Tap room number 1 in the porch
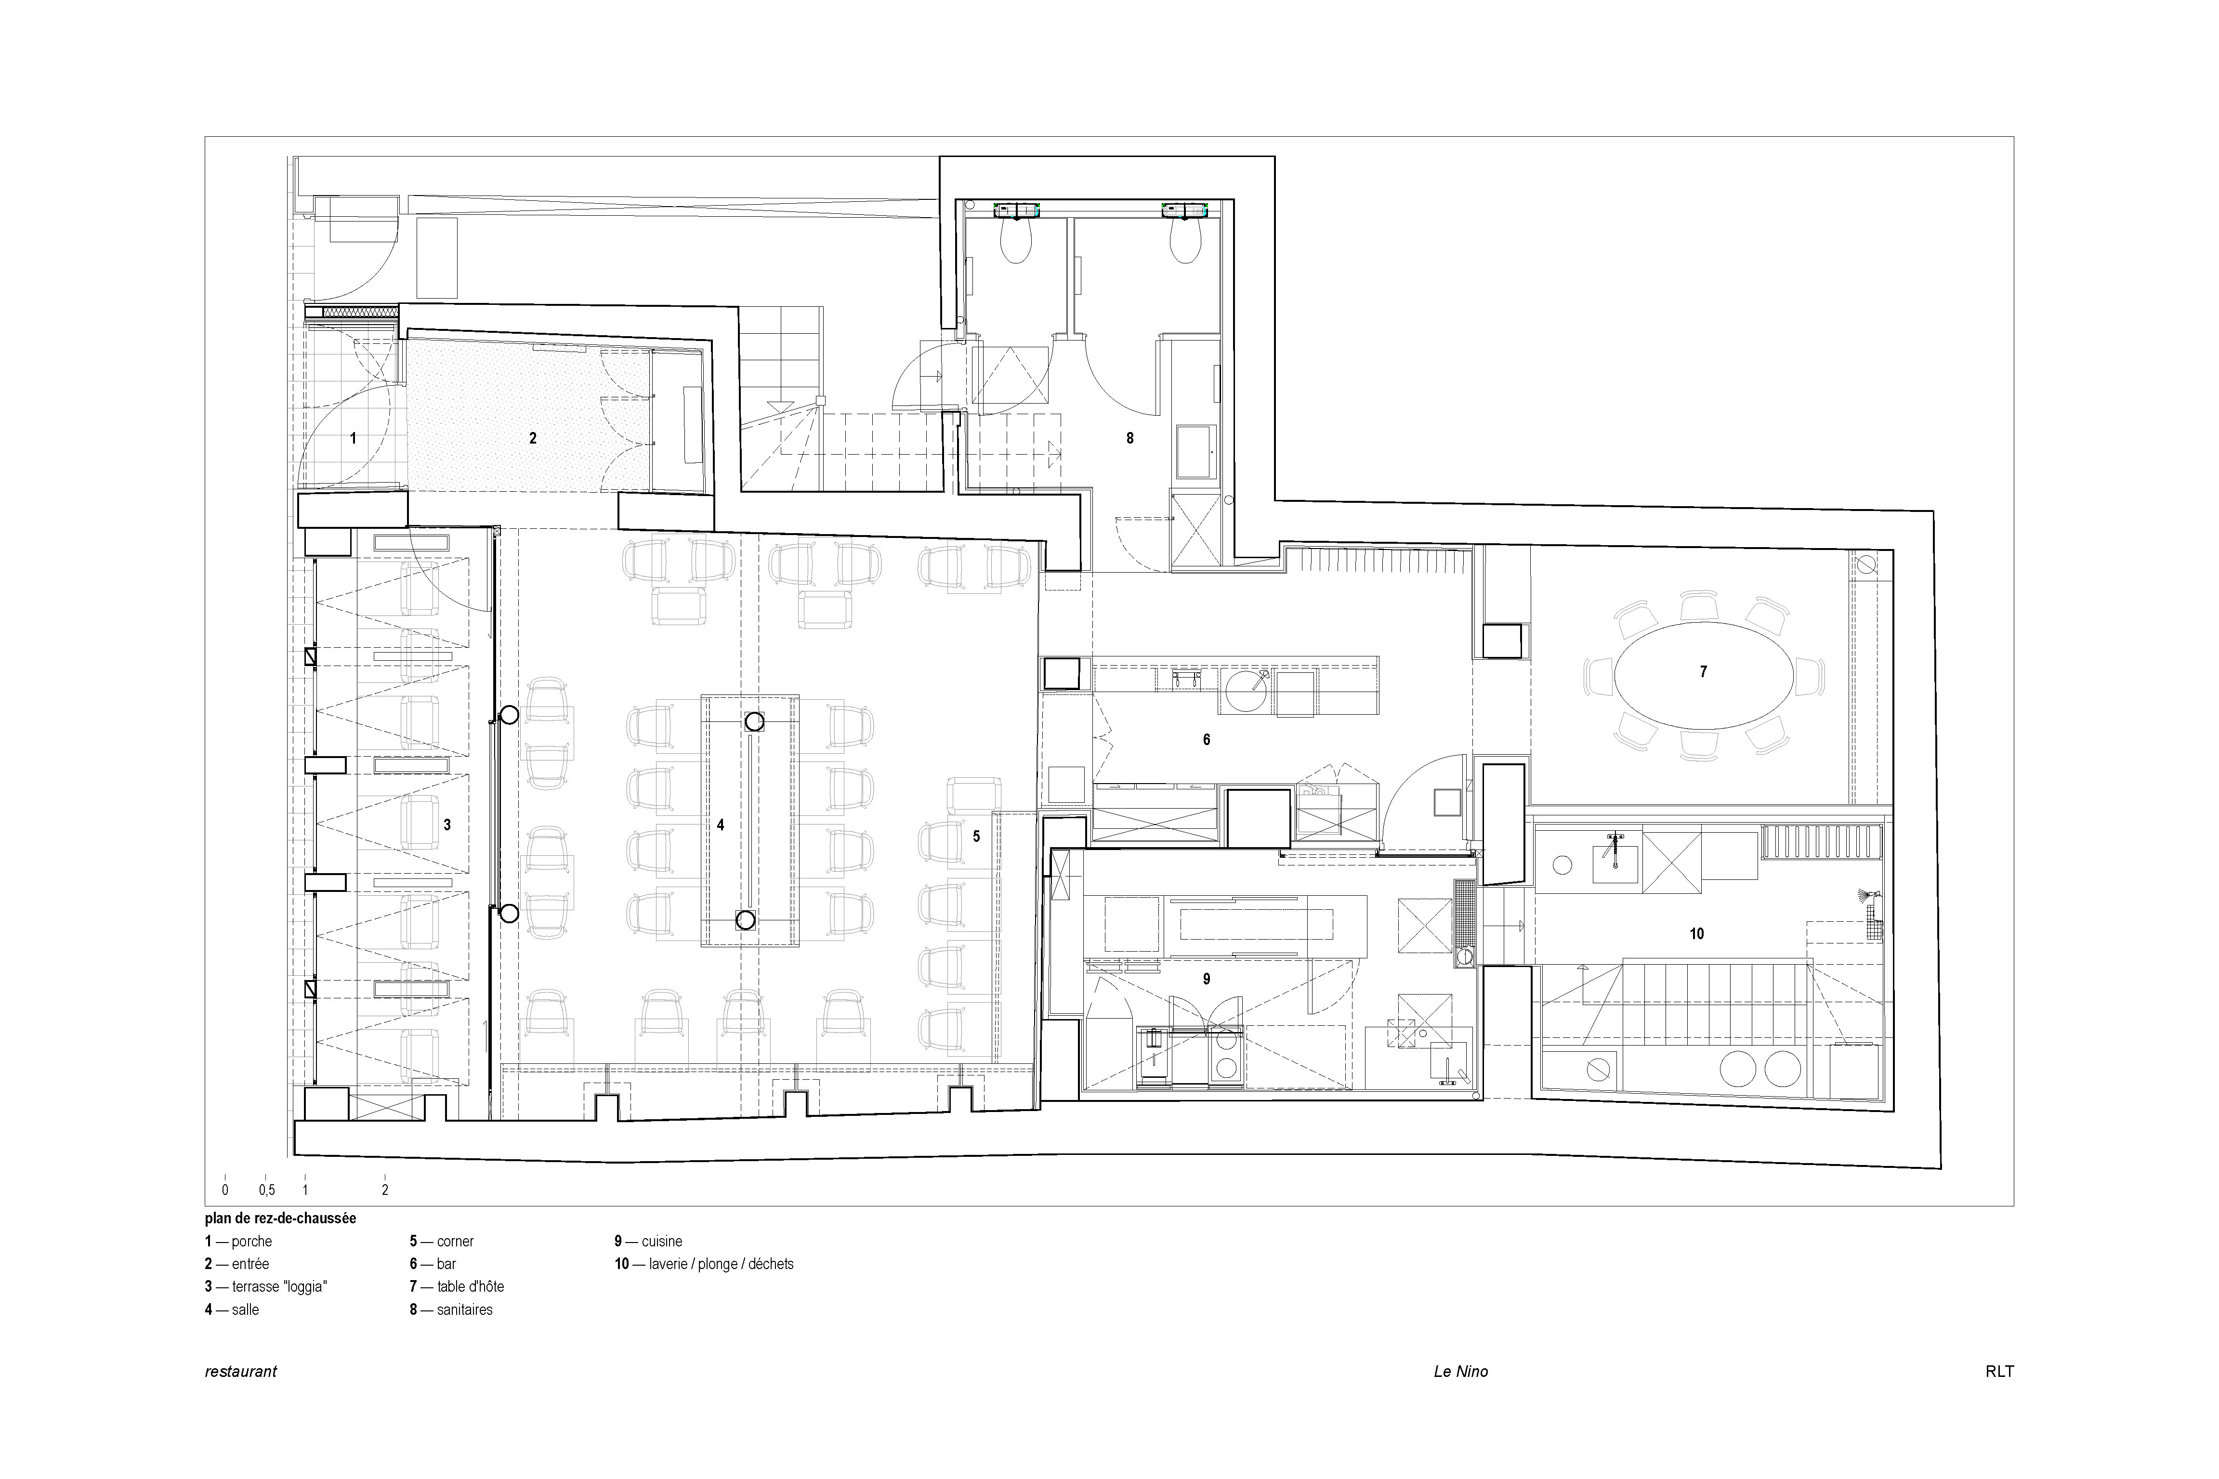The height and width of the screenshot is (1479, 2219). pos(354,438)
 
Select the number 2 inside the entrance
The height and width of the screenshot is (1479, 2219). pos(533,438)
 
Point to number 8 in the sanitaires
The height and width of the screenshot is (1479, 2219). pos(1130,438)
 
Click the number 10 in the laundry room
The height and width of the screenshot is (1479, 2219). pos(1696,934)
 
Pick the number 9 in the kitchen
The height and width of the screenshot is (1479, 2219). pos(1206,979)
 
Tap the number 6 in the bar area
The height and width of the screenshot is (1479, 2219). pos(1206,740)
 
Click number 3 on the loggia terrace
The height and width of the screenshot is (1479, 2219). pos(447,825)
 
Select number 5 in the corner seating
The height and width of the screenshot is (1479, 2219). pos(976,836)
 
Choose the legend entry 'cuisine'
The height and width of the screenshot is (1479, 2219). pos(662,1241)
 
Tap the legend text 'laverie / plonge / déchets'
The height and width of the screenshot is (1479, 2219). pos(722,1264)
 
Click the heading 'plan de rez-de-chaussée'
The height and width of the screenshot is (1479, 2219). pos(280,1218)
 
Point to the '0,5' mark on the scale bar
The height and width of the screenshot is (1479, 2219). pos(267,1191)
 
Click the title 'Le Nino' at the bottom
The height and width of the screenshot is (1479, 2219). pos(1461,1372)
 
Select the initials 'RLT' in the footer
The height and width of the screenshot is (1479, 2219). pos(1999,1372)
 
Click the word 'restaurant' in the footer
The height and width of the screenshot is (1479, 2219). pos(240,1372)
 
